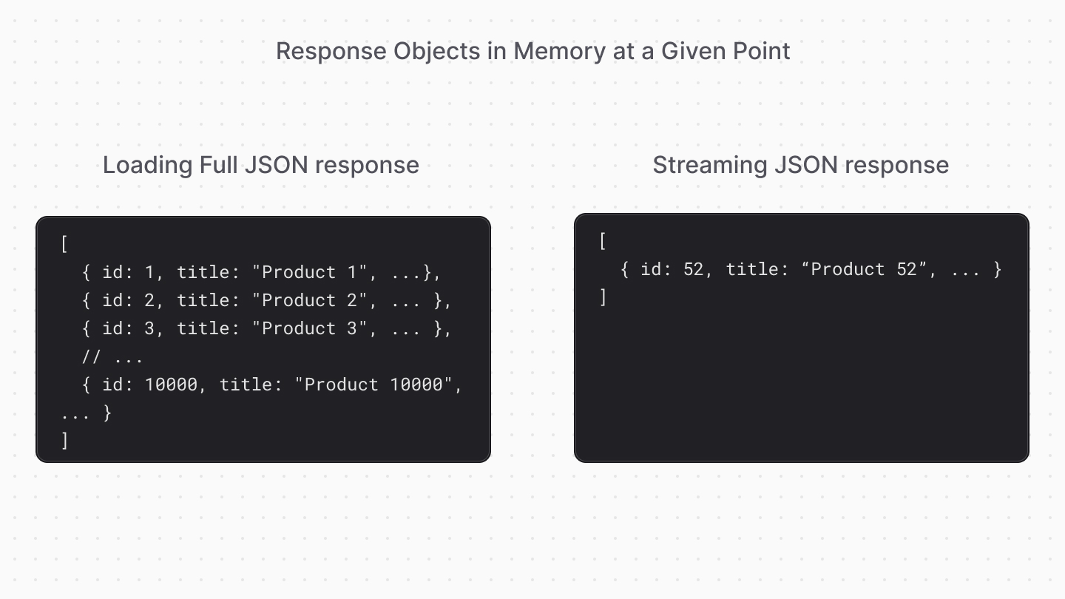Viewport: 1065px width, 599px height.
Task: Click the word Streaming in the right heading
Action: click(x=710, y=164)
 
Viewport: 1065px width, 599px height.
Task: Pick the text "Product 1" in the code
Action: click(x=310, y=273)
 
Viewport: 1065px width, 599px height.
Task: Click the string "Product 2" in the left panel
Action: click(x=310, y=301)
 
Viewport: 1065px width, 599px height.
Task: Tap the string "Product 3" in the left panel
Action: click(x=310, y=329)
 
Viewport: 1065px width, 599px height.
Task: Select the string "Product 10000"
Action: click(x=379, y=385)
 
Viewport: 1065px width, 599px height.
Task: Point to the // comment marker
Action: click(x=91, y=357)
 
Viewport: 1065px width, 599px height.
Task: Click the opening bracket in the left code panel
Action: click(x=65, y=245)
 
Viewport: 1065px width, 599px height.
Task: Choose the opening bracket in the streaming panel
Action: click(x=603, y=242)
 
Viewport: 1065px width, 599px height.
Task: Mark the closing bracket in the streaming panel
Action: click(x=603, y=298)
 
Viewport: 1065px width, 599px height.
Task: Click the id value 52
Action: click(x=694, y=270)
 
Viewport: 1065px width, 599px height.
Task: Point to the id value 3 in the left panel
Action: click(x=149, y=329)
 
